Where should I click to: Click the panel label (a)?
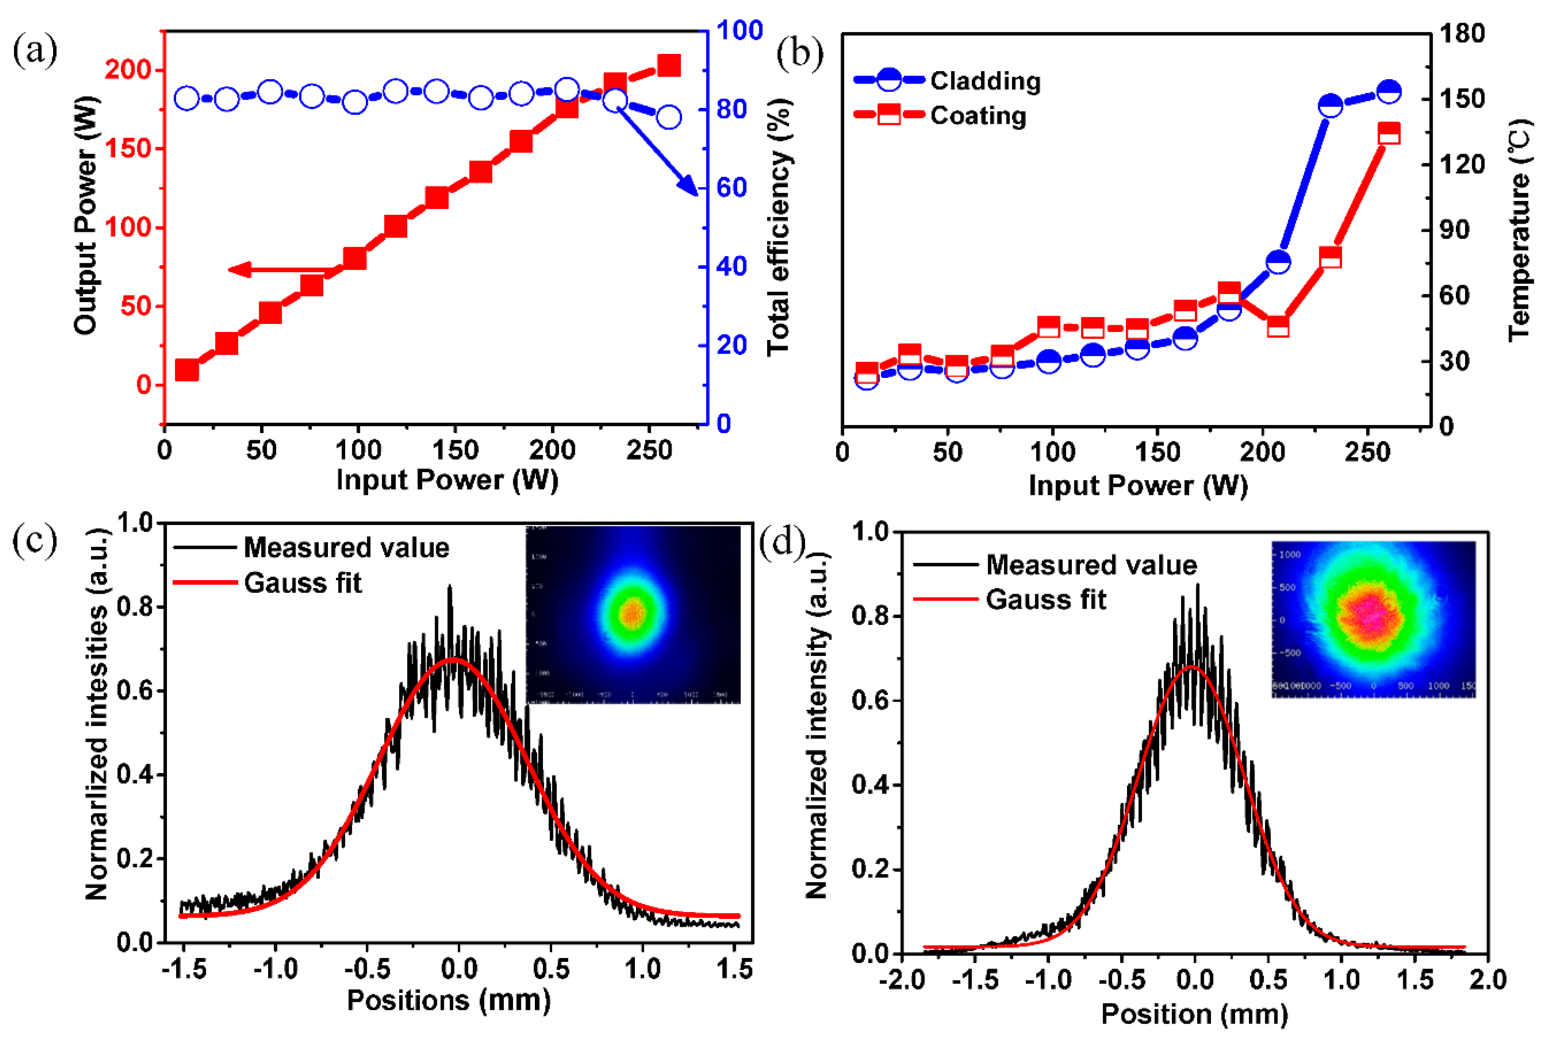pos(35,51)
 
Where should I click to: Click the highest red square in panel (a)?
pos(668,66)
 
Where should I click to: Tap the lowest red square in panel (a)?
pos(187,370)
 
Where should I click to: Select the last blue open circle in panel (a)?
pos(668,118)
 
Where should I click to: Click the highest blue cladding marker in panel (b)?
pos(1389,91)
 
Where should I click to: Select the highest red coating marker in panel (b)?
pos(1389,133)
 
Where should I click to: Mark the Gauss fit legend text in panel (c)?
pos(303,583)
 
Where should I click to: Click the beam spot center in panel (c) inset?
pos(632,614)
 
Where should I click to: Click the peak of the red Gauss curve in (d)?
pos(1193,666)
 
